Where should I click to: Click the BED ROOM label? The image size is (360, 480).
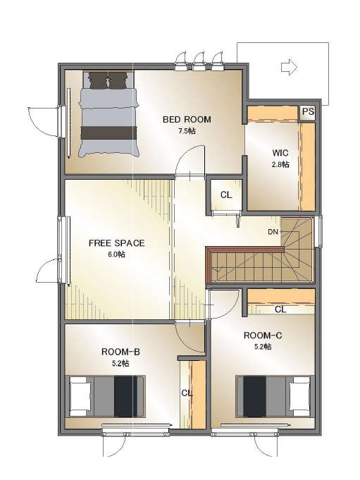tap(187, 119)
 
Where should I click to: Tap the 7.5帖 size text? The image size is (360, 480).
tap(187, 131)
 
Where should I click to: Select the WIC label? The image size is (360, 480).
tap(280, 152)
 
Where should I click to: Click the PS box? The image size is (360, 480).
tap(307, 112)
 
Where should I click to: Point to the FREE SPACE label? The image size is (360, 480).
tap(116, 243)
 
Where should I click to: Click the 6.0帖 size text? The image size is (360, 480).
tap(116, 254)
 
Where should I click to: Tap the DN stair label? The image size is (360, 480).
tap(273, 232)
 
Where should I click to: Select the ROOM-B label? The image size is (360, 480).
tap(120, 352)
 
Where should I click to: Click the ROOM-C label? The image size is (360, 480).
tap(263, 336)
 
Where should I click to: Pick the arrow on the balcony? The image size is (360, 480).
tap(289, 67)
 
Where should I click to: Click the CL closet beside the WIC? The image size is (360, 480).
tap(226, 195)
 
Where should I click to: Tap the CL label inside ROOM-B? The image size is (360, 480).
tap(187, 393)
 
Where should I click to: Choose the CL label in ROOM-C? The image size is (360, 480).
tap(280, 309)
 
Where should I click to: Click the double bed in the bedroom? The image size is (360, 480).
tap(108, 114)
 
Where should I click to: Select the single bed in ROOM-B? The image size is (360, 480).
tap(106, 396)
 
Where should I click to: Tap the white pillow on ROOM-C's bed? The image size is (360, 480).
tap(299, 396)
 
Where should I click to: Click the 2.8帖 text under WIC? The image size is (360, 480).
tap(280, 164)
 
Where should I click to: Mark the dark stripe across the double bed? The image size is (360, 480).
tap(108, 133)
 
